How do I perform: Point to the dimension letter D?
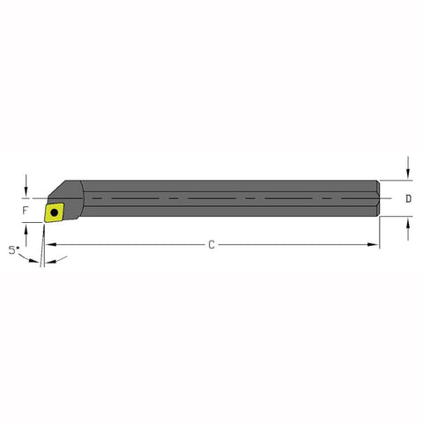[408, 199]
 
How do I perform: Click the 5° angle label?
[14, 250]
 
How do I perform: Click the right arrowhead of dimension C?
[374, 244]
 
